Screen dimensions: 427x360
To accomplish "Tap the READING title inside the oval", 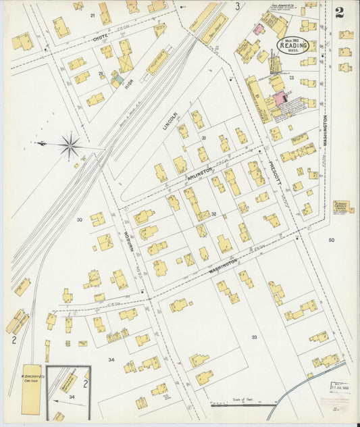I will (x=294, y=45).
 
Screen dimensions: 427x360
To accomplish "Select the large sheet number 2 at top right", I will (x=338, y=12).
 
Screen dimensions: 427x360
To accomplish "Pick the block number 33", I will (x=254, y=336).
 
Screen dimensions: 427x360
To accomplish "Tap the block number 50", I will (x=331, y=240).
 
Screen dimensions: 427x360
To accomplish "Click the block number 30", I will (x=79, y=220).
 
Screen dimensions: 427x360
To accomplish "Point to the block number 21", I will (x=93, y=14).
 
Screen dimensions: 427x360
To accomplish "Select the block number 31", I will (x=203, y=138).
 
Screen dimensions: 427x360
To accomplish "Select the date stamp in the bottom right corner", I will (x=338, y=386).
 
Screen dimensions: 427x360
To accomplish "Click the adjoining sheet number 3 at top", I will (x=237, y=6).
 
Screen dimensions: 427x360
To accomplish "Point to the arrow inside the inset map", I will (x=71, y=402).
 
